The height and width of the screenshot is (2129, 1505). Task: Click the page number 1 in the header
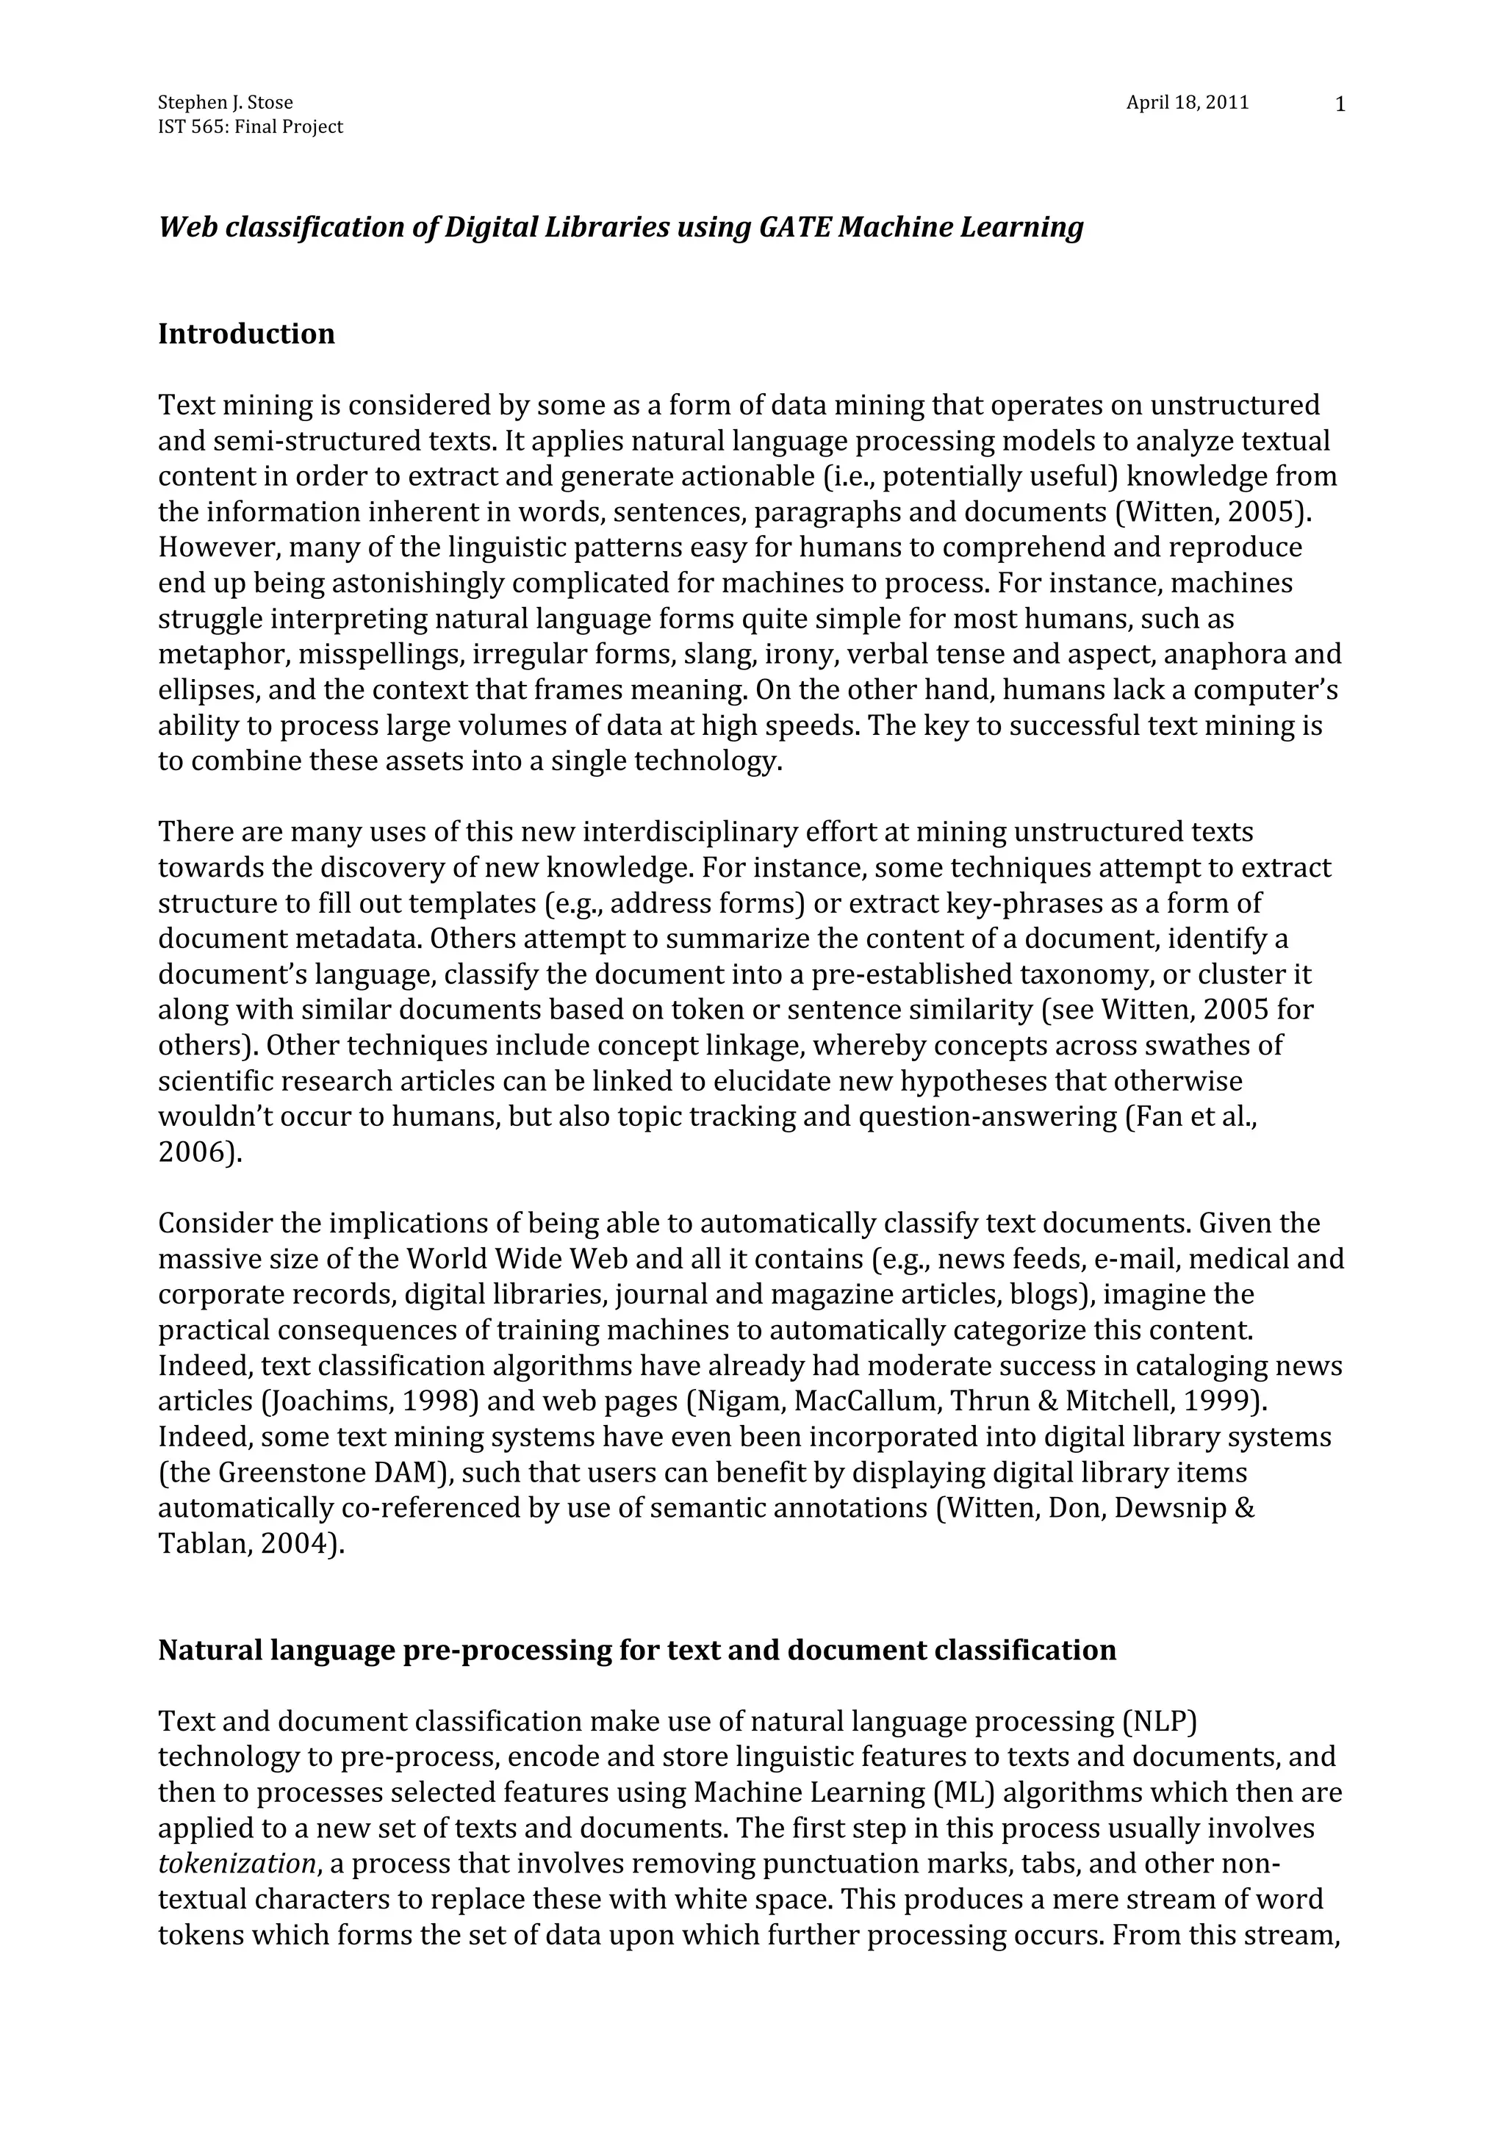(1339, 105)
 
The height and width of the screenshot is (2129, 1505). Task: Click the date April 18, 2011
(1187, 103)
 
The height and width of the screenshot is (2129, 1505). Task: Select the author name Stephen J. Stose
(226, 103)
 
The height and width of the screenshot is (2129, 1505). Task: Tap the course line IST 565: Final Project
(251, 127)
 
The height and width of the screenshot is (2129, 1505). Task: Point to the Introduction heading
(247, 334)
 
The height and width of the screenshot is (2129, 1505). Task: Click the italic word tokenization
(237, 1864)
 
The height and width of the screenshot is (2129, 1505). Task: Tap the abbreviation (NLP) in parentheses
(1159, 1722)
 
